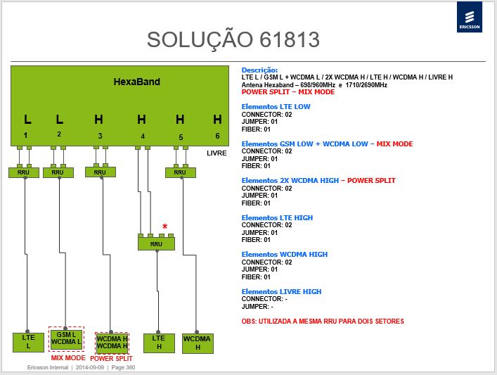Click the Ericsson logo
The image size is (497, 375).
point(470,17)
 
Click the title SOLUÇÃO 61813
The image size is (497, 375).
point(233,39)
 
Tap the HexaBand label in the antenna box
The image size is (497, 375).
point(137,82)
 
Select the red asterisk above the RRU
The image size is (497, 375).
point(164,227)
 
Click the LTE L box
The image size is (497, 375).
point(29,343)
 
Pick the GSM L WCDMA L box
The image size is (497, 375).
point(66,338)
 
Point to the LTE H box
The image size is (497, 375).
point(159,343)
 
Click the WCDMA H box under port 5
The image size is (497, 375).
point(198,343)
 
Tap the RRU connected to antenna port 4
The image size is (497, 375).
point(156,244)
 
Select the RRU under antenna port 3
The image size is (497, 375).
point(100,172)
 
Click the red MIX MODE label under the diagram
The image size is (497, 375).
point(68,358)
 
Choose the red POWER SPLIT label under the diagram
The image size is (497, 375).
point(111,359)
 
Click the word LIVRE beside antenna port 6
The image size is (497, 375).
point(217,153)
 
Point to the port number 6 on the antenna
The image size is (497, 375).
point(217,136)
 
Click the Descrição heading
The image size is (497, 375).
point(259,70)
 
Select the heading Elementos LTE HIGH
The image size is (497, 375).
point(277,217)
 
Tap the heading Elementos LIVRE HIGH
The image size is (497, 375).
point(281,291)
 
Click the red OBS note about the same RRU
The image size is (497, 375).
point(323,322)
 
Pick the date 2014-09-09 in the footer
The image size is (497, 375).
point(90,367)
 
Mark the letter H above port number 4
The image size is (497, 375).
point(142,120)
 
